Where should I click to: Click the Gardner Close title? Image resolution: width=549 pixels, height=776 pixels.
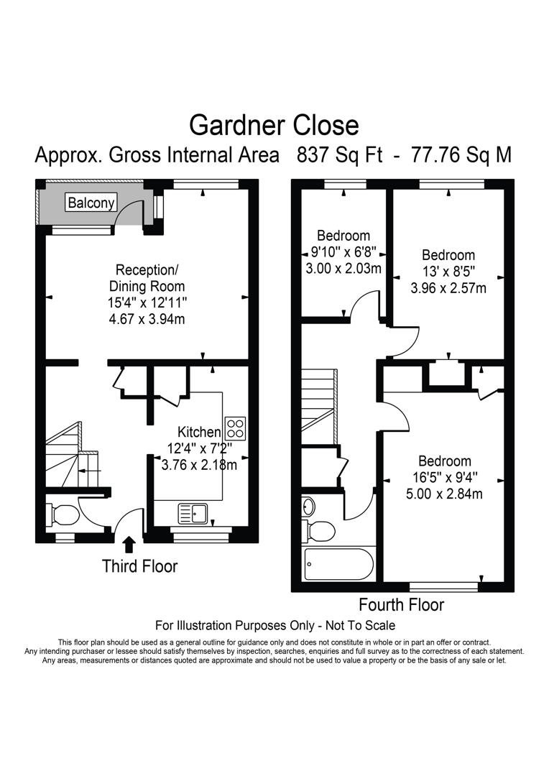pyautogui.click(x=274, y=125)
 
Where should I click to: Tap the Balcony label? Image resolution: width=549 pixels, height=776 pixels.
pyautogui.click(x=91, y=203)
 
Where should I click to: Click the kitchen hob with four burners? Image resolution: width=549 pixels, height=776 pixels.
pyautogui.click(x=235, y=428)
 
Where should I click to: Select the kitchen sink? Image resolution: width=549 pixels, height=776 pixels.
pyautogui.click(x=193, y=513)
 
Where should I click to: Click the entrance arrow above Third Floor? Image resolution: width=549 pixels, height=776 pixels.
pyautogui.click(x=129, y=544)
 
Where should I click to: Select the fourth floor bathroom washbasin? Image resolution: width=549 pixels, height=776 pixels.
pyautogui.click(x=308, y=506)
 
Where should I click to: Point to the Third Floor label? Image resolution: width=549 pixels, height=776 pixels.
pyautogui.click(x=139, y=566)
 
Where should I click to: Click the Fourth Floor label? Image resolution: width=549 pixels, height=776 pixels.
pyautogui.click(x=401, y=604)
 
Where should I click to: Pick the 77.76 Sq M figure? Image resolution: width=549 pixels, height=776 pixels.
pyautogui.click(x=461, y=155)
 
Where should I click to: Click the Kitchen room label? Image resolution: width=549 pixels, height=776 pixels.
pyautogui.click(x=199, y=432)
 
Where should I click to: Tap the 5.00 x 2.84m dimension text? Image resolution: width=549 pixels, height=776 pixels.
pyautogui.click(x=446, y=494)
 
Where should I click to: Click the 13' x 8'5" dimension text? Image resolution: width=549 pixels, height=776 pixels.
pyautogui.click(x=448, y=272)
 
